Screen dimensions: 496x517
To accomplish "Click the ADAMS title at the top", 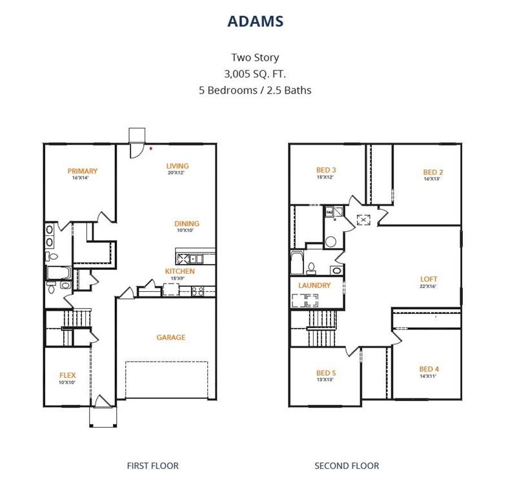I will [x=255, y=21].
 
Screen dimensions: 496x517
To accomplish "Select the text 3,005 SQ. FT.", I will [x=255, y=74].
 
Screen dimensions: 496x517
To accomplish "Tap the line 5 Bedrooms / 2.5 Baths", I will [x=255, y=90].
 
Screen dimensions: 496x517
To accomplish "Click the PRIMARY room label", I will [x=83, y=171].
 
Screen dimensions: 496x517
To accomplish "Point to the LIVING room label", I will [x=177, y=166].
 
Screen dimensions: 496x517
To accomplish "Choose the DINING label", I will [x=187, y=224].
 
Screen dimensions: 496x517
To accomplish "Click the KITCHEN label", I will [x=179, y=271].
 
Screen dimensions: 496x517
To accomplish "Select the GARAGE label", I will [x=171, y=337].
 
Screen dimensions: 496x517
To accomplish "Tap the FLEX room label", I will [x=68, y=375].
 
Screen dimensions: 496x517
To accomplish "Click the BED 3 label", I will [x=325, y=170].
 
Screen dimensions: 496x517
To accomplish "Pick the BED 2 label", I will [x=432, y=172].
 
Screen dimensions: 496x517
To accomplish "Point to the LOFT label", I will [x=429, y=280].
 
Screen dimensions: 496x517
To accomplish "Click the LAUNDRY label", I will [x=314, y=285].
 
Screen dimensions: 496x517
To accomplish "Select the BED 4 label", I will [x=429, y=369].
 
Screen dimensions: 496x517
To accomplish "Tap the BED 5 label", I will [x=325, y=373].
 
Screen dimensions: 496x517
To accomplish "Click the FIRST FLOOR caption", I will [x=153, y=466].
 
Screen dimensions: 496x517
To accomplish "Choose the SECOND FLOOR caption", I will [x=347, y=466].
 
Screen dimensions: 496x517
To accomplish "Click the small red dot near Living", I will [x=151, y=148].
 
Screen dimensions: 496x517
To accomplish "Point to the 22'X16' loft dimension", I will [x=429, y=287].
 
